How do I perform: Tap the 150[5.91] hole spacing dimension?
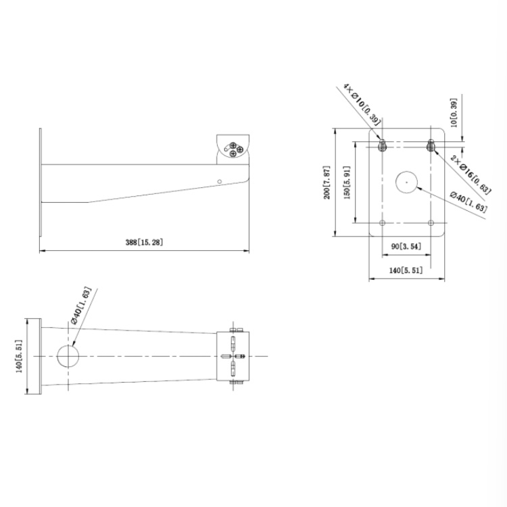point(347,183)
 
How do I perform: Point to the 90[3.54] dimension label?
point(406,247)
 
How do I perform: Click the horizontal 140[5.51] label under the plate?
point(406,270)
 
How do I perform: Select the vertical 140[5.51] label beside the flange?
point(19,356)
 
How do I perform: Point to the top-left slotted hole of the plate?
point(382,145)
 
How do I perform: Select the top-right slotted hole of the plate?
point(431,145)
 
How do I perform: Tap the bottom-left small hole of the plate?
point(382,222)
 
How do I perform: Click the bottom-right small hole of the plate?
point(431,222)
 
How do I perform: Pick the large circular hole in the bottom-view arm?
point(68,356)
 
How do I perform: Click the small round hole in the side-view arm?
point(219,180)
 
